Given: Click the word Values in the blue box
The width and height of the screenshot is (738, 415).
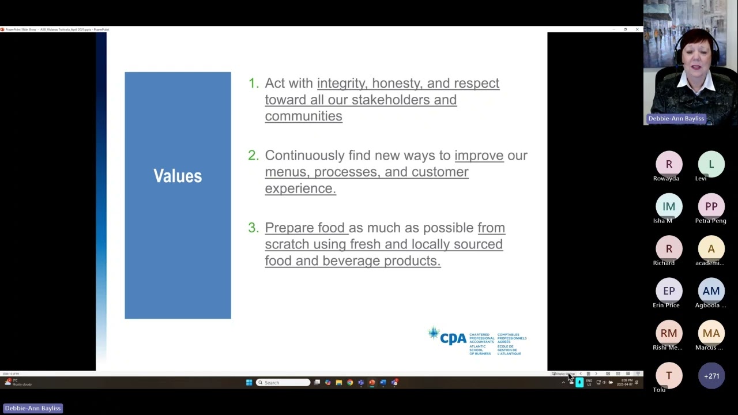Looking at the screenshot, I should (178, 176).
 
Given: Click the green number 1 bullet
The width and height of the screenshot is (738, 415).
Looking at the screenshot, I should (253, 84).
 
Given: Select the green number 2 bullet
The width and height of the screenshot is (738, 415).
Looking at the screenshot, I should (253, 156).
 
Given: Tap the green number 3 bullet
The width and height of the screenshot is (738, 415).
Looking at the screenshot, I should (253, 228).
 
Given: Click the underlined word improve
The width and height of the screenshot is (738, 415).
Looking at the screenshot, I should (479, 156).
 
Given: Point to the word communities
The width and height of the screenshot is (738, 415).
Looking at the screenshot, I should (303, 116).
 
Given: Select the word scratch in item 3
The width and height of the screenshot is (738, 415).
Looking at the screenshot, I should (287, 244).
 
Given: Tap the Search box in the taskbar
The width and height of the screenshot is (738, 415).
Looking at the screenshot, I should (283, 383).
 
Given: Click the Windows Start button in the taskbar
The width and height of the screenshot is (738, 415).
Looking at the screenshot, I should (249, 383).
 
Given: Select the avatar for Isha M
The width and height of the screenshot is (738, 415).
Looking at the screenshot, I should (669, 206).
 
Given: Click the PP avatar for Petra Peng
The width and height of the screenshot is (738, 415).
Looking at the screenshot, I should (711, 206).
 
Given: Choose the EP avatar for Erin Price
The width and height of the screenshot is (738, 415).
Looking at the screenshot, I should (669, 291).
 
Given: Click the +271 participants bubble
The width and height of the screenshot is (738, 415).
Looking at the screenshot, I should (711, 376).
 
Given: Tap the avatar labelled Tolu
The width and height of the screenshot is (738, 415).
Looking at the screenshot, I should (669, 376).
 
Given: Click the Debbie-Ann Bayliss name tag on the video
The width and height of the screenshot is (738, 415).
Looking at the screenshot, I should (676, 119).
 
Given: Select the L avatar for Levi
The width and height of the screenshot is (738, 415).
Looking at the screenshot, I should (711, 164).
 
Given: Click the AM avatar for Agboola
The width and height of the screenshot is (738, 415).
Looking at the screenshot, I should (711, 291).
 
